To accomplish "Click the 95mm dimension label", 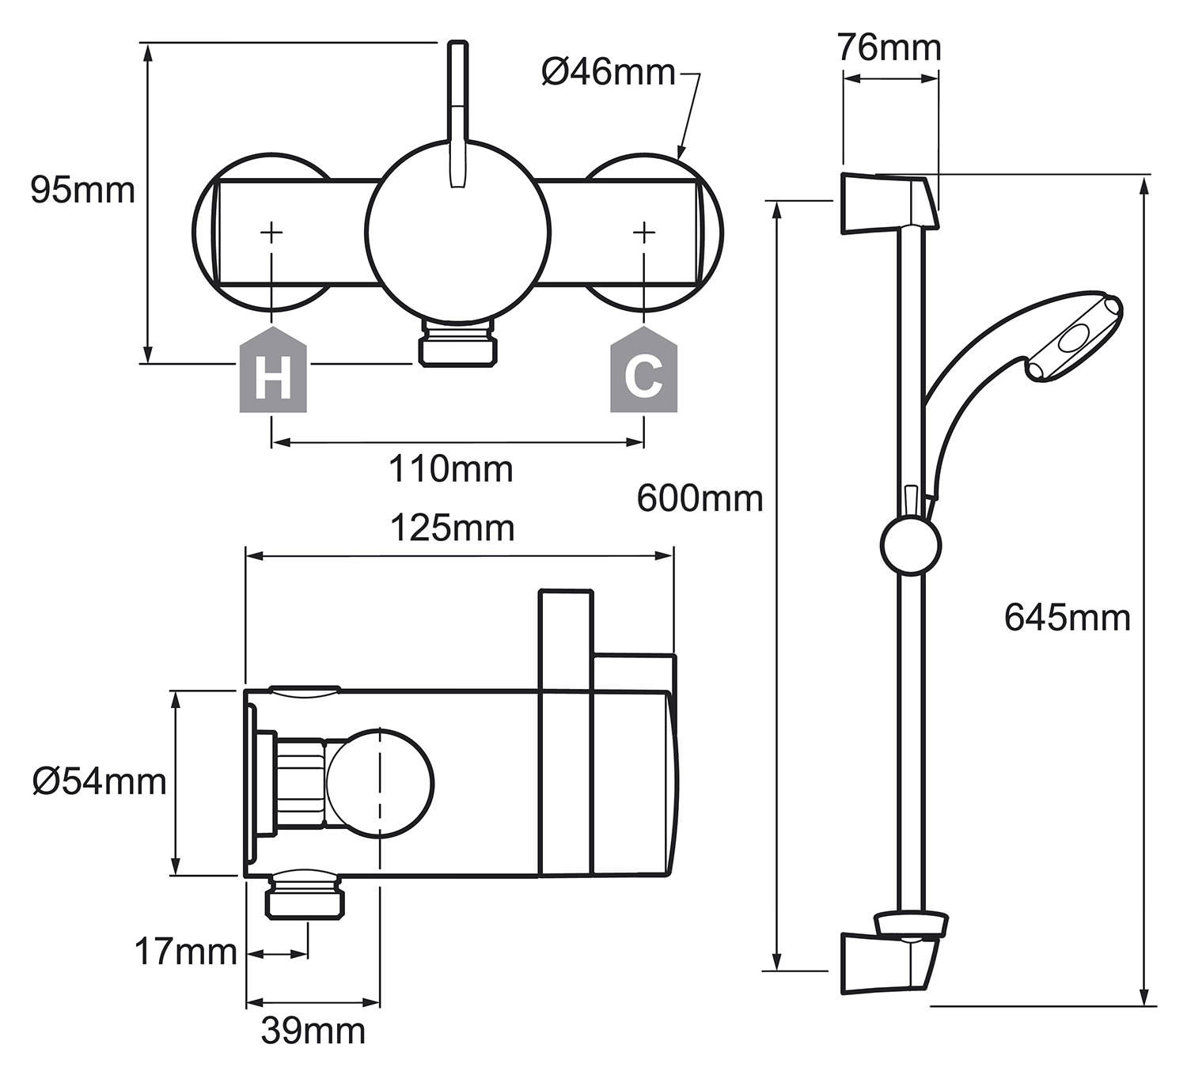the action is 83,191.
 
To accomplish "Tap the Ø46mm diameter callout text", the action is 609,73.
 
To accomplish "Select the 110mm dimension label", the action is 451,469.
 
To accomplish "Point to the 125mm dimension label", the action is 453,528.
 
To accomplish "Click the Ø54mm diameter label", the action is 100,782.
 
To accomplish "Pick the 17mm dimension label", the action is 186,952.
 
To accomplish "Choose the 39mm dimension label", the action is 313,1031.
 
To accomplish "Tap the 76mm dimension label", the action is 889,48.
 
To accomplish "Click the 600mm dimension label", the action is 700,498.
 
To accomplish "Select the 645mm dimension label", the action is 1068,618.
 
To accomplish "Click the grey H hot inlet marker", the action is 273,369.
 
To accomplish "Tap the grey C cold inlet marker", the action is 644,369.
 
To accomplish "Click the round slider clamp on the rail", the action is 911,544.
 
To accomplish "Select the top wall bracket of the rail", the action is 888,203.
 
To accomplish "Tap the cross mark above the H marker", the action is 271,233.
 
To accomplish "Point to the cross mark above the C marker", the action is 644,233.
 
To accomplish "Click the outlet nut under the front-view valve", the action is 458,344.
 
